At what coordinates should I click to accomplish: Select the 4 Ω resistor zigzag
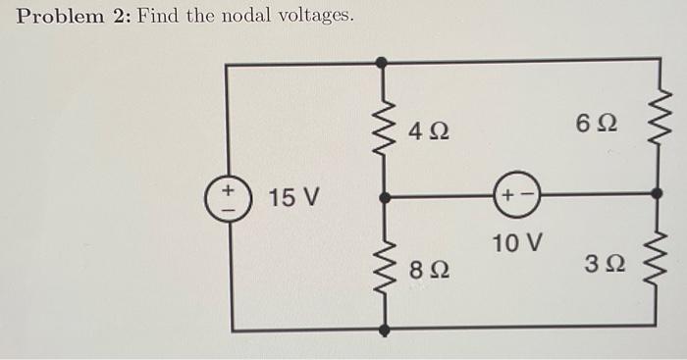pyautogui.click(x=382, y=129)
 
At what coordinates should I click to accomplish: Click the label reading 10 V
pyautogui.click(x=518, y=241)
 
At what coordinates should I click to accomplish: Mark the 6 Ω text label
pyautogui.click(x=598, y=124)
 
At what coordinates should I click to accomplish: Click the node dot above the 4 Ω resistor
pyautogui.click(x=382, y=63)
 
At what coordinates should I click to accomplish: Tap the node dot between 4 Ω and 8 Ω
pyautogui.click(x=382, y=196)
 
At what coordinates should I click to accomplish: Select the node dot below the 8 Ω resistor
pyautogui.click(x=382, y=328)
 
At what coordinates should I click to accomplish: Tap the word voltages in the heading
pyautogui.click(x=313, y=18)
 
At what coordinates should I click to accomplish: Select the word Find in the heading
pyautogui.click(x=161, y=17)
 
